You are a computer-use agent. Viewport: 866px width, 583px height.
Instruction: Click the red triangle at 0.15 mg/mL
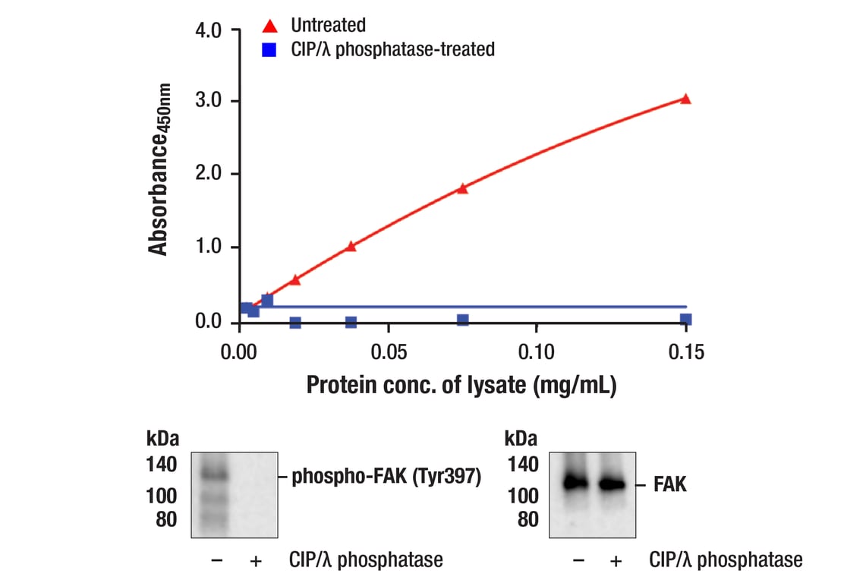685,99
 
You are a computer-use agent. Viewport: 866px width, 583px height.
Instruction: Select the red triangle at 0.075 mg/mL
462,188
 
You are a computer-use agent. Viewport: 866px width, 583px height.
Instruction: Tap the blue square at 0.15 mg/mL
685,320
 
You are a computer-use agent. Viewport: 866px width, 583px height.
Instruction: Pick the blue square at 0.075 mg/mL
462,320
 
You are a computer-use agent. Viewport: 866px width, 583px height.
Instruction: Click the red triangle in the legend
269,27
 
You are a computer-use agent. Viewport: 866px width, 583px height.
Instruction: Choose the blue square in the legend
269,50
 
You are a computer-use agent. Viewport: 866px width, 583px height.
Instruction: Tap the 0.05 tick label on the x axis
389,352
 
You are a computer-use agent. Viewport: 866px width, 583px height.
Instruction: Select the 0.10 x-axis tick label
537,352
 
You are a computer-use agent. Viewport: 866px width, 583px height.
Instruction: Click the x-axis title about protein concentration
461,385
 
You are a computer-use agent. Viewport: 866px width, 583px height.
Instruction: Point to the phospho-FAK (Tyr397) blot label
386,477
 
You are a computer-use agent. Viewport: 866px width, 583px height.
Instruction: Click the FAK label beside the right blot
670,484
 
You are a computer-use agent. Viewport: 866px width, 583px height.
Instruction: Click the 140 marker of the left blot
162,465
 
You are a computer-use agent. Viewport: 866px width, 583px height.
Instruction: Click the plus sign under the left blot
256,561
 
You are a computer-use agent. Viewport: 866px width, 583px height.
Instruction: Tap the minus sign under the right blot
579,561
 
